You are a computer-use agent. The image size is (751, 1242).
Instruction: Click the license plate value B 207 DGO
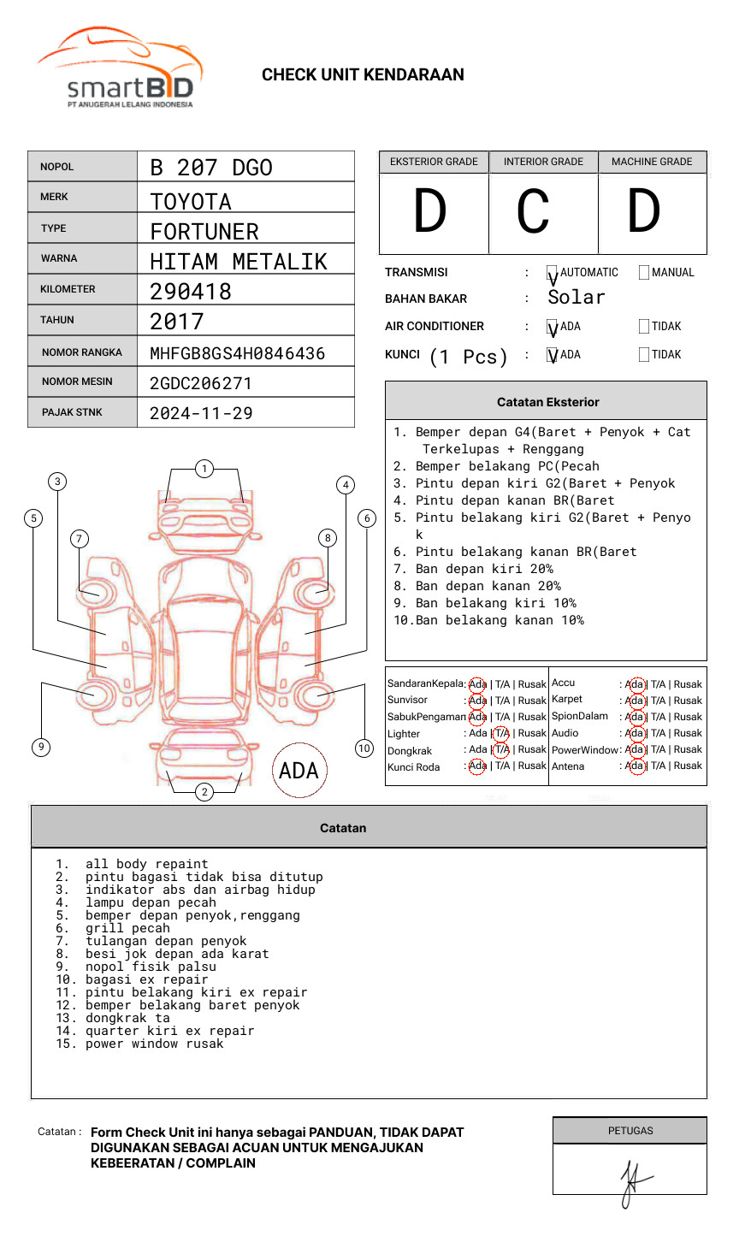coord(211,168)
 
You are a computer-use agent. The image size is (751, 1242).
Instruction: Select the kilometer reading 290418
coord(191,292)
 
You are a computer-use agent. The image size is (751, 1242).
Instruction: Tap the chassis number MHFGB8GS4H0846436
coord(237,353)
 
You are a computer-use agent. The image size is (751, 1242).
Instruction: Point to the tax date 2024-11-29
coord(201,413)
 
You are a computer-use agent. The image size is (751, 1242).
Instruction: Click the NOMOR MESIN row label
coord(77,381)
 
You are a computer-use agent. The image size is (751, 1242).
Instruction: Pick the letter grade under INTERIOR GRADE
coord(534,212)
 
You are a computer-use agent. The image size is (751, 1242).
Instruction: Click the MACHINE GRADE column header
coord(652,162)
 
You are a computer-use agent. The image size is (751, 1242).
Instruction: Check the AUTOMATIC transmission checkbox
coord(552,273)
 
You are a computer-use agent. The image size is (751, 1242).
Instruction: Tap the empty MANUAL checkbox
coord(644,273)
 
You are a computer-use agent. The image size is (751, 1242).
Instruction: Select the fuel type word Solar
coord(577,298)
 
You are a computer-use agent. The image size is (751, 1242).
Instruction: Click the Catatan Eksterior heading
coord(547,402)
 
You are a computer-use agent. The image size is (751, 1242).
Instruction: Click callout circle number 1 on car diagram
coord(204,469)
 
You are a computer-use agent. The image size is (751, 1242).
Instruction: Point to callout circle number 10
coord(364,748)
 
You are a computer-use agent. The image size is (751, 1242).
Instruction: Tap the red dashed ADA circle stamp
coord(299,771)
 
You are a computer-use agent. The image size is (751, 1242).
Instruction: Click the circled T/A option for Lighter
coord(501,733)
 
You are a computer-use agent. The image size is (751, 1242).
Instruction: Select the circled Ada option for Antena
coord(635,766)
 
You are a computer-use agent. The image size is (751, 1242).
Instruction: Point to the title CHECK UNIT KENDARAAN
coord(363,75)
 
